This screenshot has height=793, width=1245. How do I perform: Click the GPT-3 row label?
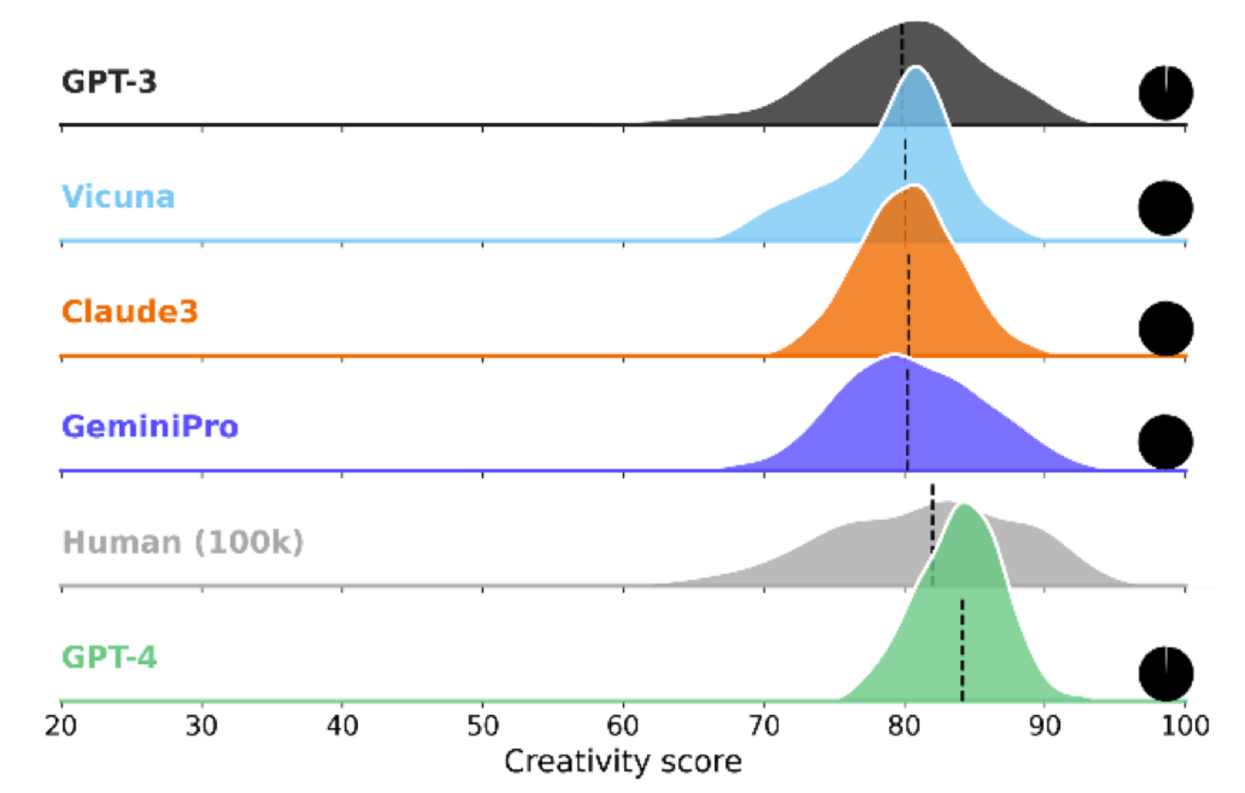(x=109, y=82)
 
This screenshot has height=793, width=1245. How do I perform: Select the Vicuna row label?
(x=118, y=197)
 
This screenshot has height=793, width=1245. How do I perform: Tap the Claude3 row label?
(x=130, y=312)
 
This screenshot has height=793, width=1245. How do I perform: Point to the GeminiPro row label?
(x=150, y=427)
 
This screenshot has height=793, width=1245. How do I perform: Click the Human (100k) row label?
(x=183, y=543)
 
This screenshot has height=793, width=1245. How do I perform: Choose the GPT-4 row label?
(x=109, y=658)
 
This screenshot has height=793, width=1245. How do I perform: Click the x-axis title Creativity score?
(x=622, y=762)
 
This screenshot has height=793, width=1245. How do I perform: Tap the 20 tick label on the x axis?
(x=61, y=726)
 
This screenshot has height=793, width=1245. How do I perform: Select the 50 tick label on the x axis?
(x=483, y=726)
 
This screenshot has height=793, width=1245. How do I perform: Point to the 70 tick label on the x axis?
(x=764, y=726)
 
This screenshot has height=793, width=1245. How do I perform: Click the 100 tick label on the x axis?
(x=1185, y=726)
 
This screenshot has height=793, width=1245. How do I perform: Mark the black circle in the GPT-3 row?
(x=1165, y=93)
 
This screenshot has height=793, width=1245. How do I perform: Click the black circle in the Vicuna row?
(x=1165, y=209)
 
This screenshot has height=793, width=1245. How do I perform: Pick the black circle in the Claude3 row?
(x=1165, y=328)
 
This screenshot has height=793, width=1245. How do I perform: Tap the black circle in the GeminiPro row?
(x=1165, y=442)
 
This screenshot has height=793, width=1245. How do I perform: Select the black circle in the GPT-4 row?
(x=1165, y=674)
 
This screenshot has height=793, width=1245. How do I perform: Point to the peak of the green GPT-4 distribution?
(x=963, y=506)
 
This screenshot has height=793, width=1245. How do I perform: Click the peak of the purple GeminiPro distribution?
(x=894, y=357)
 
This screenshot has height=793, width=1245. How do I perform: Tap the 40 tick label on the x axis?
(x=342, y=726)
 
